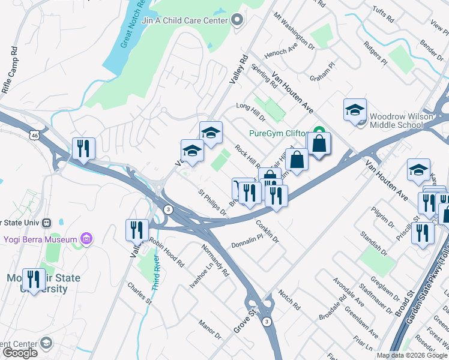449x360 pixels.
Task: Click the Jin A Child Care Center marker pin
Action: pyautogui.click(x=237, y=20)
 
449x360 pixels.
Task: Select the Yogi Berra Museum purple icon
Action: pyautogui.click(x=86, y=239)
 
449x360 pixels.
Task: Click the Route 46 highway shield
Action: pyautogui.click(x=37, y=136)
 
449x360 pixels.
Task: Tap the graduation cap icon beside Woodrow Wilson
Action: pyautogui.click(x=355, y=110)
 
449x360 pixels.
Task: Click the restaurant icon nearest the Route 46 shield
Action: pyautogui.click(x=83, y=148)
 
